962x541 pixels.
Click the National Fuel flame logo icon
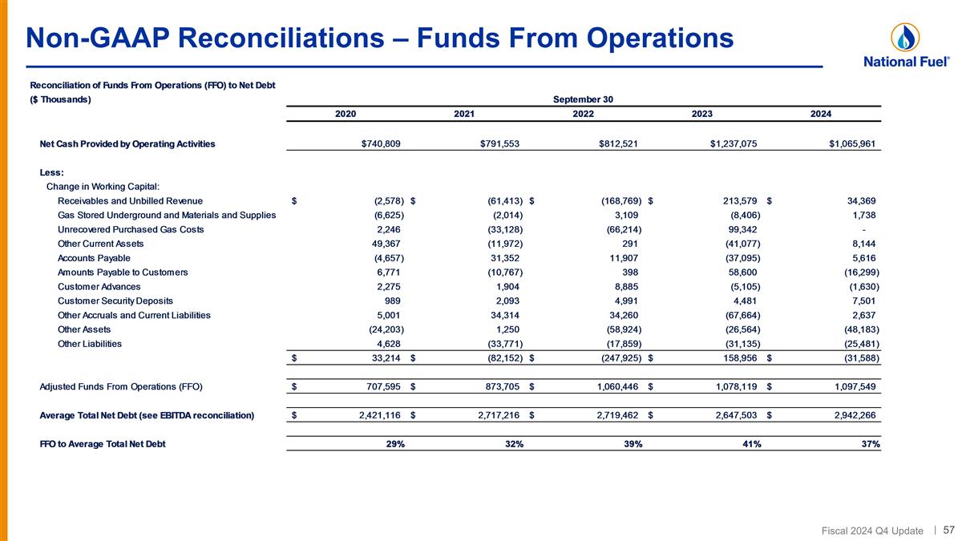(904, 37)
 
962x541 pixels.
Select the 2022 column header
(583, 114)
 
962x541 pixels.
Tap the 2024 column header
(820, 114)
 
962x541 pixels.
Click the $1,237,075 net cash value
(728, 144)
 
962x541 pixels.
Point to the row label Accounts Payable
(94, 258)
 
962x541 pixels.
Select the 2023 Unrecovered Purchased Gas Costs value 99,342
(741, 229)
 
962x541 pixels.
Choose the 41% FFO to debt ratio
(751, 445)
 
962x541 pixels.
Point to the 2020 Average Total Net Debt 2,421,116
(370, 415)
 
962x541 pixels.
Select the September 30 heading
(583, 99)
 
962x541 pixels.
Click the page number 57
(948, 530)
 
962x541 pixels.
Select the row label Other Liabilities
(90, 345)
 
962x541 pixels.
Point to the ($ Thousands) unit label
(60, 99)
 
